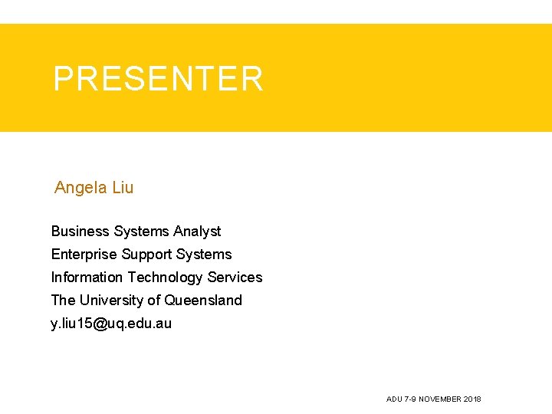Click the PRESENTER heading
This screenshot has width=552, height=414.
click(x=158, y=79)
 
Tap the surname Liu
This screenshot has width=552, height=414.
click(x=123, y=188)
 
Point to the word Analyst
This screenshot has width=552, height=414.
click(x=197, y=232)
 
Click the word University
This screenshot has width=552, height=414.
click(x=113, y=301)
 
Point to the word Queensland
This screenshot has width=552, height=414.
click(x=203, y=301)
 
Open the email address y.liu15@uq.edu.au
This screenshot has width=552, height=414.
click(x=111, y=324)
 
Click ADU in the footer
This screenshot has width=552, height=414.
click(x=394, y=399)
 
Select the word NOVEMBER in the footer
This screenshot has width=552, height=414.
click(x=439, y=399)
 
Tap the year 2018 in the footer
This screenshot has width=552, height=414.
click(x=473, y=399)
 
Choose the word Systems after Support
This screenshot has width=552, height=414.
click(x=204, y=255)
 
